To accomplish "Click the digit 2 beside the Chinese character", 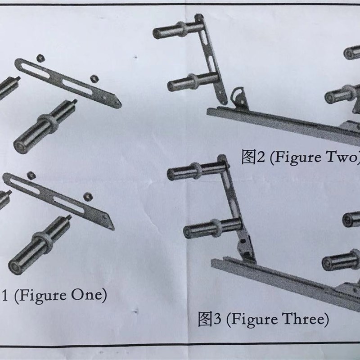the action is (261, 157).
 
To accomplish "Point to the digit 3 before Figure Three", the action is (217, 319).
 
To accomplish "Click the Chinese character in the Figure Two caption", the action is (248, 157).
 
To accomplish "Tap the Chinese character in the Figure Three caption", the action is (205, 319).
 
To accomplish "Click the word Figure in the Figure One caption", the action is (42, 296).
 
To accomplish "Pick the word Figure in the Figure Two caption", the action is (298, 158).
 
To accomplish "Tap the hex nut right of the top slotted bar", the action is (94, 79).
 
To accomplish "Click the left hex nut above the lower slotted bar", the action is (31, 175).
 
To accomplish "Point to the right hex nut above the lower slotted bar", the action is (87, 197).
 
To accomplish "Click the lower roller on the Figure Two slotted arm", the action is (193, 82).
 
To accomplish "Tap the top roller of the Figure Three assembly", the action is (197, 171).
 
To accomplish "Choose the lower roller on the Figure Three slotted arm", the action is (212, 228).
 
